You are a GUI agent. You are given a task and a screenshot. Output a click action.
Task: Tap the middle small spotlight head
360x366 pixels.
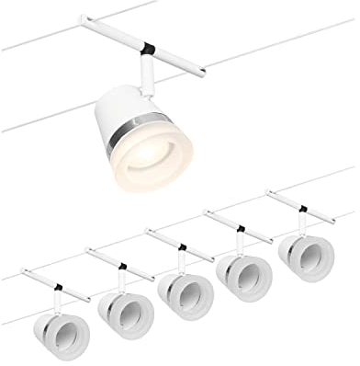tap(184, 293)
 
